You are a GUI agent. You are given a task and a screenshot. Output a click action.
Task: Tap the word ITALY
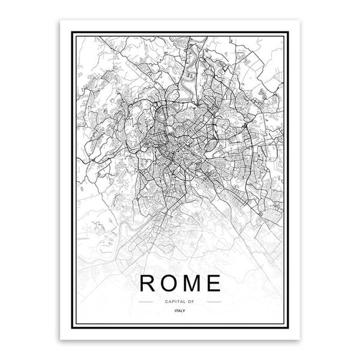pyautogui.click(x=180, y=311)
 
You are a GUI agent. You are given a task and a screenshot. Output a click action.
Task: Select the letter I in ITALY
pyautogui.click(x=175, y=311)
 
